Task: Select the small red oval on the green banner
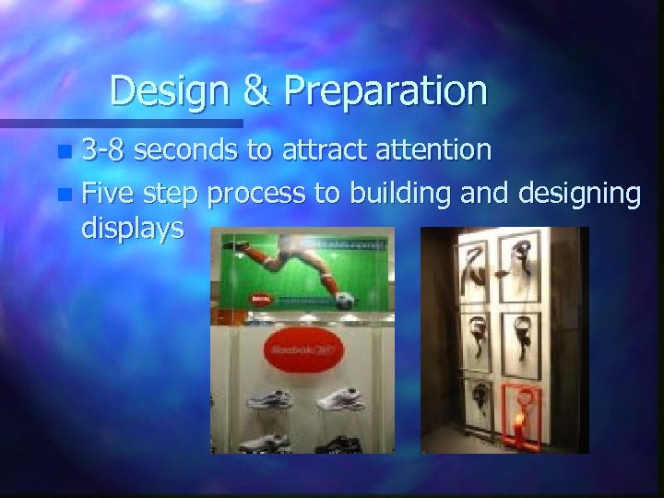(x=258, y=300)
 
